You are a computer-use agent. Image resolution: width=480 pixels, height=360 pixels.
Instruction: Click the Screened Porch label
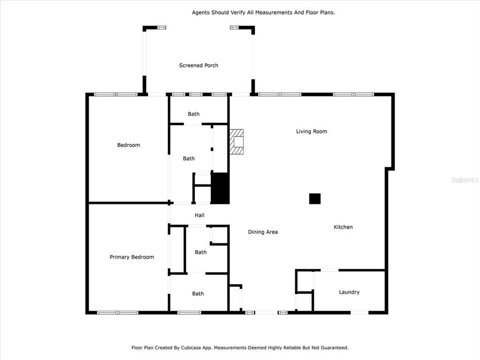tap(198, 65)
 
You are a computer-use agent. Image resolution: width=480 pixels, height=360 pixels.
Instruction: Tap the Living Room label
tap(311, 131)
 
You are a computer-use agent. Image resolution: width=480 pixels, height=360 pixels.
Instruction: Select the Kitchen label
tap(343, 227)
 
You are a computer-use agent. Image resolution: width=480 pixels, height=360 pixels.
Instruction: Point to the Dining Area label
tap(262, 232)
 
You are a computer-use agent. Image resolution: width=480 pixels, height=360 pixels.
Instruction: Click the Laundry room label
tap(349, 292)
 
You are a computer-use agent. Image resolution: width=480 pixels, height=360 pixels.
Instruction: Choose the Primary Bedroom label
tap(131, 257)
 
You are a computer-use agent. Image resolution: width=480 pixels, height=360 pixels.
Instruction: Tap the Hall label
tap(199, 215)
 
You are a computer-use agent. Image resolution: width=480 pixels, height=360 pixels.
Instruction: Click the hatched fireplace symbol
tap(236, 141)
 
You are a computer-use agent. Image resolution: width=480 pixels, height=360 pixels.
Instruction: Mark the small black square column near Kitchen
tap(314, 198)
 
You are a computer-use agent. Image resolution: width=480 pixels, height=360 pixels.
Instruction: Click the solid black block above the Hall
tap(220, 188)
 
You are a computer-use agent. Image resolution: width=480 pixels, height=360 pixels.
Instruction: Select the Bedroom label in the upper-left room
tap(128, 145)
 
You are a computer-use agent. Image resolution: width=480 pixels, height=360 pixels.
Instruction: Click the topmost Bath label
tap(193, 114)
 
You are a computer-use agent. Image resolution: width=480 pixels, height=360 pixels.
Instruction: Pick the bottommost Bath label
tap(198, 293)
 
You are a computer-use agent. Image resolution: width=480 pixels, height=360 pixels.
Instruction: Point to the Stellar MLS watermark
tap(464, 179)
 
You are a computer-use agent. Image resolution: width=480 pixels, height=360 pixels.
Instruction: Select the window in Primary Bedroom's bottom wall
tap(117, 312)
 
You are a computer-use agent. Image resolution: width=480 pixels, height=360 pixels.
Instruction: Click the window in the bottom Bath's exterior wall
tap(189, 312)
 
